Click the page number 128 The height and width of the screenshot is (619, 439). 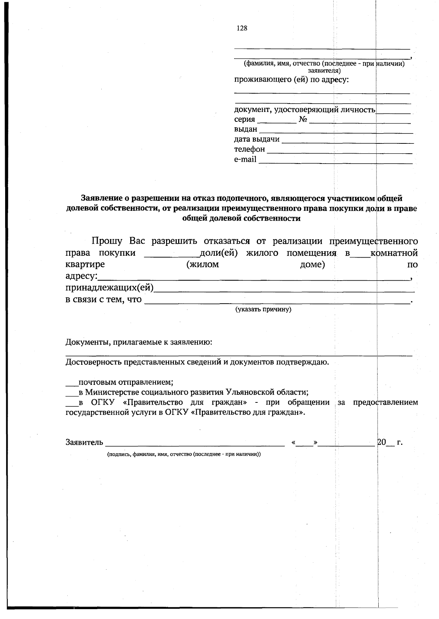[x=242, y=29]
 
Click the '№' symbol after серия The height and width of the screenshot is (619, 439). [x=303, y=120]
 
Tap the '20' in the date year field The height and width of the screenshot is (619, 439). [x=381, y=442]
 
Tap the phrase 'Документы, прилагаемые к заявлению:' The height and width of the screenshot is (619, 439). [x=139, y=342]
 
